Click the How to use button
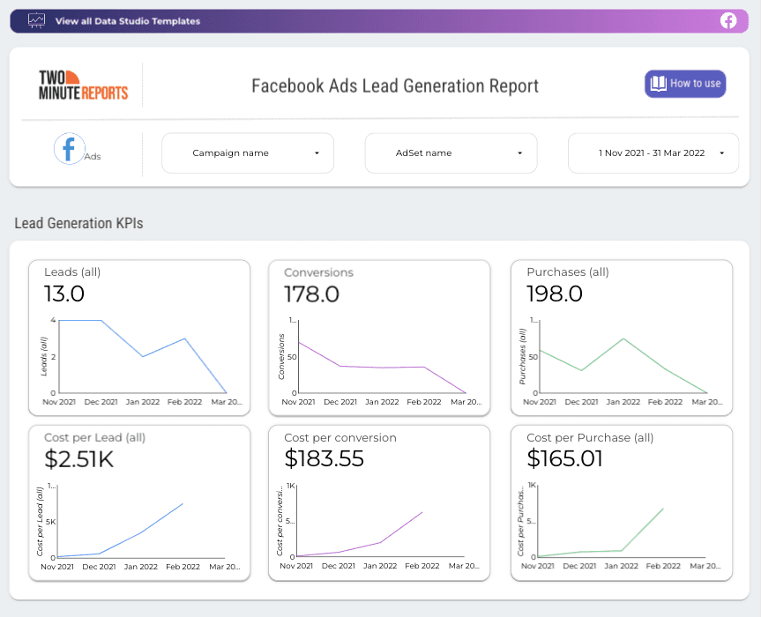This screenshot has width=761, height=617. click(685, 84)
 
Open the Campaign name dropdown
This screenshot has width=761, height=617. click(248, 153)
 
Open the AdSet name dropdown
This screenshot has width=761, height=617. click(451, 153)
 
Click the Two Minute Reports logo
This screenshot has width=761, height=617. click(83, 85)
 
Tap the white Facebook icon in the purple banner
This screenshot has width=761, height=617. click(728, 21)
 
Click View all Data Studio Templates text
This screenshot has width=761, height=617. click(127, 21)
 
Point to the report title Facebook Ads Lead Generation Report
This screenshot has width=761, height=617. click(394, 85)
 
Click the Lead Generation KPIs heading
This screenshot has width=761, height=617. click(78, 224)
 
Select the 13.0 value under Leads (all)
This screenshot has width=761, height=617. click(64, 294)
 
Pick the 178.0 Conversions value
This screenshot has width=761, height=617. click(311, 294)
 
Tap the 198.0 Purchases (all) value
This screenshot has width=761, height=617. click(555, 294)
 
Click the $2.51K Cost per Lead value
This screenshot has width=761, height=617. click(79, 459)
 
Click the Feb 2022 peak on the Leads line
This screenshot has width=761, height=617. click(184, 339)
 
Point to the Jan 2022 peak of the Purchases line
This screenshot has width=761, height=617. click(623, 338)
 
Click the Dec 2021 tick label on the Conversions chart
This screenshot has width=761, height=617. click(339, 402)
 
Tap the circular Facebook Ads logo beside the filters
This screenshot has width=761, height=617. click(70, 149)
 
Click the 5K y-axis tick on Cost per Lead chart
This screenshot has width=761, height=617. click(51, 522)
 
